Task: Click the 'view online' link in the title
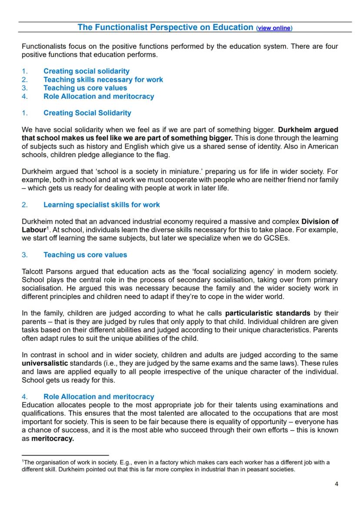coord(274,28)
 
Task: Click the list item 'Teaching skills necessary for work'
coord(103,80)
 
